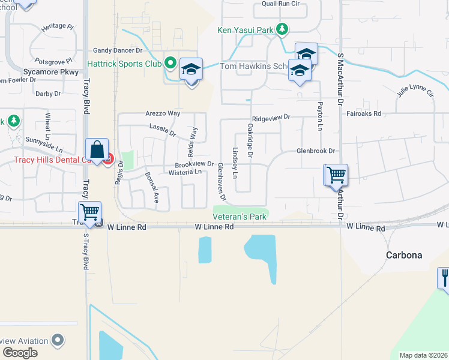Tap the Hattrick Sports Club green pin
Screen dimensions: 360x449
tap(170, 62)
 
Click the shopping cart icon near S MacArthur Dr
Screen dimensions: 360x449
tap(336, 175)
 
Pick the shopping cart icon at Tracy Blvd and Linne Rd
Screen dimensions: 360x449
tap(89, 212)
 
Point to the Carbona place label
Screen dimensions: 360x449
tap(403, 255)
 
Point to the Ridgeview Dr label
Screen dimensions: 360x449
tap(271, 118)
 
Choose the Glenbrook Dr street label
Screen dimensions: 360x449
tap(315, 151)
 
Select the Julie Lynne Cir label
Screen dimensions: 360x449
tap(415, 91)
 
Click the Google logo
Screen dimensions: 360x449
tap(20, 353)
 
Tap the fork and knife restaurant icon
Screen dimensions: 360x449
tap(444, 278)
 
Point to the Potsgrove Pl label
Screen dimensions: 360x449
tap(53, 61)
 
